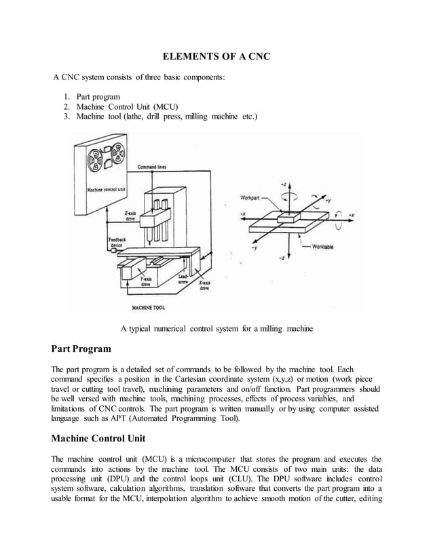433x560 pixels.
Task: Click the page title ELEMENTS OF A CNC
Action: click(215, 56)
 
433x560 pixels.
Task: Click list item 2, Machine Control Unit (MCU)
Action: click(127, 106)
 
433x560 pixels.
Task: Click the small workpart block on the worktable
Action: click(286, 216)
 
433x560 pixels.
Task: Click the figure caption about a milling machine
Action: click(216, 329)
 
